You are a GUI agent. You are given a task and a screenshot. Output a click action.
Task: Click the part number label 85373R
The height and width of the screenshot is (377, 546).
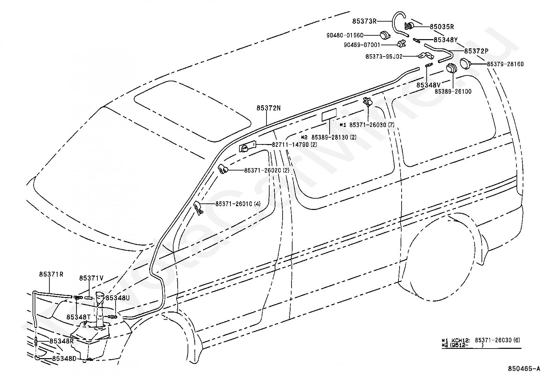[364, 22]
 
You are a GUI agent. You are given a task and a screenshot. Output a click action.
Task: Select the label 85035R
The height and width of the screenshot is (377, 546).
[442, 26]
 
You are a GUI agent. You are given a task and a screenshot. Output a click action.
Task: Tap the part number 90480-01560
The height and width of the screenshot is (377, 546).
[345, 35]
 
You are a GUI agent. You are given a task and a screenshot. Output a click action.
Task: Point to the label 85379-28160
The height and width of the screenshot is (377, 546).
[505, 64]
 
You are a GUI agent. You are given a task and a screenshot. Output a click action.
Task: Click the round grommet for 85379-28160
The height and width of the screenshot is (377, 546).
[465, 63]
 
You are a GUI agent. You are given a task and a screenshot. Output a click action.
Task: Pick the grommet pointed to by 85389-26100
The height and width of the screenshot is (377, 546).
[451, 68]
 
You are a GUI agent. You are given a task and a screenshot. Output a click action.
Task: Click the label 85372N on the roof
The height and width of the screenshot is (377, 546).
[269, 108]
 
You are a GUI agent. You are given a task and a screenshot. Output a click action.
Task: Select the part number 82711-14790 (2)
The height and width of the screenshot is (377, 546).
[295, 145]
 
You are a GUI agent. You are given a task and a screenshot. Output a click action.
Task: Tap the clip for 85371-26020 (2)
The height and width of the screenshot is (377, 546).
[223, 169]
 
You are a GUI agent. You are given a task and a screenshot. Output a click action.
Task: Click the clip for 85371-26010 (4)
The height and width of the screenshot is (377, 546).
[198, 208]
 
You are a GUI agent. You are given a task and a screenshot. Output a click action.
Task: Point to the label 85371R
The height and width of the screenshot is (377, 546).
[51, 274]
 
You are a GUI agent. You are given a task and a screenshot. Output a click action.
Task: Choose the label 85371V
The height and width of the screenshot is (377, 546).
[92, 278]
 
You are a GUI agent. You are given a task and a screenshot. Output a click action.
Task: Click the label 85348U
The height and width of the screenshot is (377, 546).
[118, 298]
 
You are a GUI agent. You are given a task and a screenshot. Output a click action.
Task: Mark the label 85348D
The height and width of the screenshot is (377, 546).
[64, 358]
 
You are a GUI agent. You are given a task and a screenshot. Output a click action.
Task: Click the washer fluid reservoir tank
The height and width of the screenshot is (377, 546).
[90, 341]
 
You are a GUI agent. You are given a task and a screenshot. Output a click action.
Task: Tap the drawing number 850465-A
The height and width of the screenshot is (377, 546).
[524, 369]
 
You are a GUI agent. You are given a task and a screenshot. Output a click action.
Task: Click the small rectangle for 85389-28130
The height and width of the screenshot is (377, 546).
[329, 115]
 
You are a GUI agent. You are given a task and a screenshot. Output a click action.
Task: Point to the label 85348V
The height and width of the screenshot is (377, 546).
[428, 85]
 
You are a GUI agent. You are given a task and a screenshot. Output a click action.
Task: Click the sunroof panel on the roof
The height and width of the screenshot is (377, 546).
[192, 111]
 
